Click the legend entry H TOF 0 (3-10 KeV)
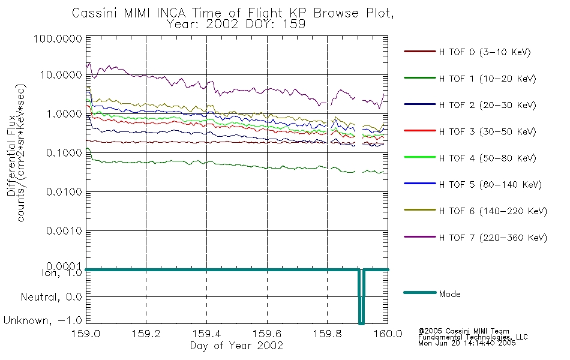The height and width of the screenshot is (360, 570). [485, 52]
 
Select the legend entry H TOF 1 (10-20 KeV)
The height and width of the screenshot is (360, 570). [487, 79]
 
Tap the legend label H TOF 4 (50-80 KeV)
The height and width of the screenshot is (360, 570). [487, 158]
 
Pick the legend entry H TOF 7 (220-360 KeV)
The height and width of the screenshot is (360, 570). [493, 238]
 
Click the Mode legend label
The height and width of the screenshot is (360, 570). [449, 294]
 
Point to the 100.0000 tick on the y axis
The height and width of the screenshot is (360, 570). [58, 38]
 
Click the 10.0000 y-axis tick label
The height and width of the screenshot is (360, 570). [61, 75]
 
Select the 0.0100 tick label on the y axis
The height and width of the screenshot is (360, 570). [64, 191]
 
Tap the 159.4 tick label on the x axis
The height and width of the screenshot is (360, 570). [206, 334]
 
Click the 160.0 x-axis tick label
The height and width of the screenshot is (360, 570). [388, 334]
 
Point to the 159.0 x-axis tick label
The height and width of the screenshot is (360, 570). [86, 334]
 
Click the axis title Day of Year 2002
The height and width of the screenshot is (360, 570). [236, 346]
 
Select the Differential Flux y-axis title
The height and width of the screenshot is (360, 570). [11, 155]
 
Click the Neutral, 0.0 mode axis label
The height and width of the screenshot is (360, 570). [51, 297]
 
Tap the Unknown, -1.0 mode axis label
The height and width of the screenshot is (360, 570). [43, 320]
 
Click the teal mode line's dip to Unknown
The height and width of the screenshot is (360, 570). [361, 322]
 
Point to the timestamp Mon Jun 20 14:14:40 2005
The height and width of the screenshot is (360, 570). [467, 343]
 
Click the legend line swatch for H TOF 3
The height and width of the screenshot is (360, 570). [420, 131]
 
